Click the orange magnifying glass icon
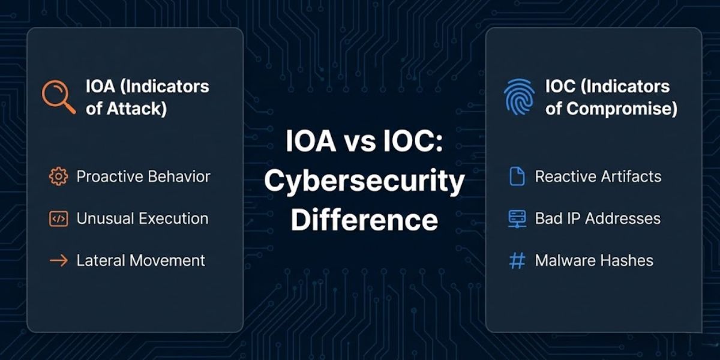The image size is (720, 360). [x=58, y=97]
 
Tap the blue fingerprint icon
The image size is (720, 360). [x=519, y=97]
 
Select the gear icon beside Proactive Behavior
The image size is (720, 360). [x=58, y=176]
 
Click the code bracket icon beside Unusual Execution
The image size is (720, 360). [x=58, y=219]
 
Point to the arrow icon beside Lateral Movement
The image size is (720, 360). [x=58, y=260]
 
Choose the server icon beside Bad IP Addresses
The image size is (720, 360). [x=517, y=219]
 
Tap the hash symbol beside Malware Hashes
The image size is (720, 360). [x=517, y=260]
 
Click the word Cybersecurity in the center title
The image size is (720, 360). [x=364, y=182]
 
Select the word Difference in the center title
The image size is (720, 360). [x=364, y=220]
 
